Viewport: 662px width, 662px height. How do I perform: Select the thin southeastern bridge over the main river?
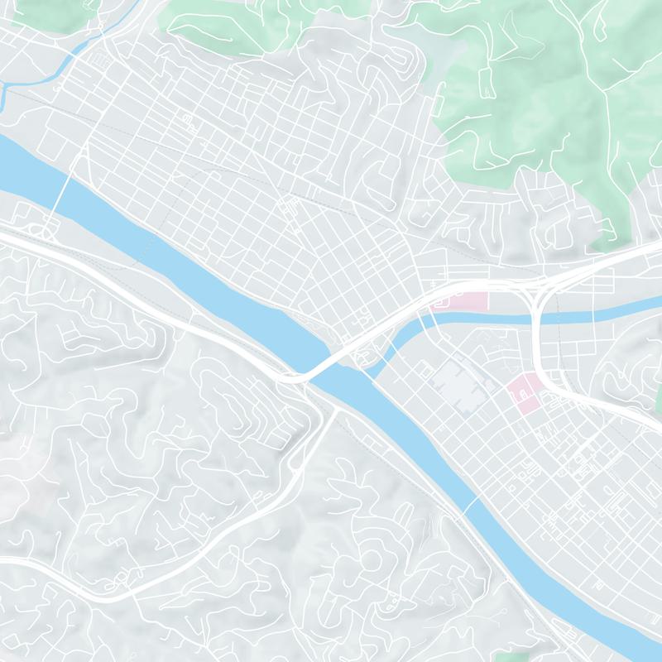pyautogui.click(x=470, y=503)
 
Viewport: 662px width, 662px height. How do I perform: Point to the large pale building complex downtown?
pyautogui.click(x=460, y=381)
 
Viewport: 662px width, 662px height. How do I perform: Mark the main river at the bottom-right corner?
pyautogui.click(x=629, y=637)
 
